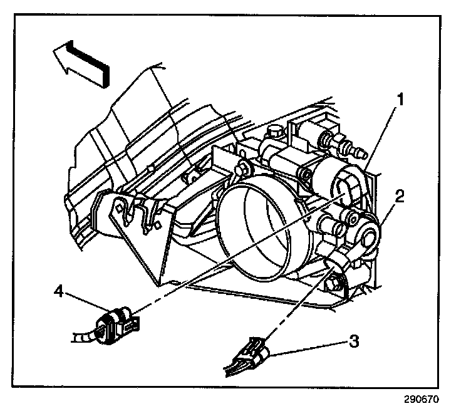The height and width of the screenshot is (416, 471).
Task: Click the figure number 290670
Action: (x=422, y=399)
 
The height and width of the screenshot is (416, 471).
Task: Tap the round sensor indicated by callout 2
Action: (x=369, y=236)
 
